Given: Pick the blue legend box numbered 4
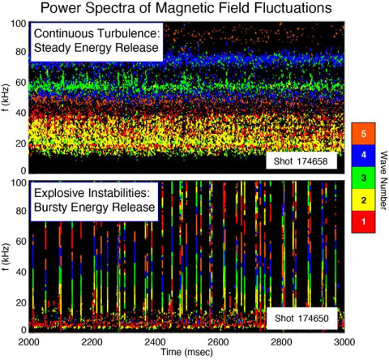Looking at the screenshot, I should point(364,154).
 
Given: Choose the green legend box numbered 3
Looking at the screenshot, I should point(364,176).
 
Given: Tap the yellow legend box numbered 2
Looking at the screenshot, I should point(364,198).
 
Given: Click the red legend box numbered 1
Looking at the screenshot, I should point(364,219).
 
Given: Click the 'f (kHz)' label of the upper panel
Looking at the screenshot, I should point(6,97).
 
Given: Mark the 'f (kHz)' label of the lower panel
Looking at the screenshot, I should point(6,256).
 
